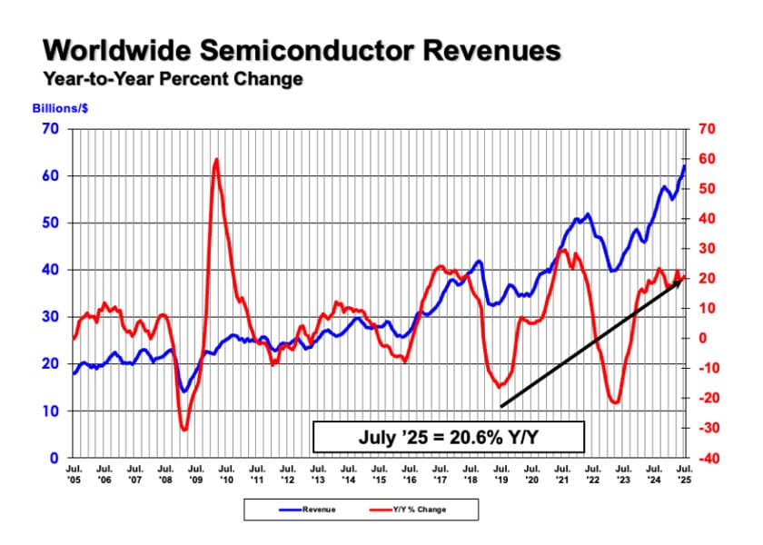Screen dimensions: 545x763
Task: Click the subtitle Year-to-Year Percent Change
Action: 173,80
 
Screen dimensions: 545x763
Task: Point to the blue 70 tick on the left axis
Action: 50,129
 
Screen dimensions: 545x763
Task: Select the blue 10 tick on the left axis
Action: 50,411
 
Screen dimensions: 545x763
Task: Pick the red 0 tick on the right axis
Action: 700,339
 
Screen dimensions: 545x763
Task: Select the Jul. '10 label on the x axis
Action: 227,474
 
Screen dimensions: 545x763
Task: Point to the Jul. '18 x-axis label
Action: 471,474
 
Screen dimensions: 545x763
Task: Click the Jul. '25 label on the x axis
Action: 685,474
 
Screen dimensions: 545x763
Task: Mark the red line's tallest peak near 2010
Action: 216,160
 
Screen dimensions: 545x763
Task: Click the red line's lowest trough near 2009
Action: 184,430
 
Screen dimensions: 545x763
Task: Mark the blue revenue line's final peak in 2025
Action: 685,166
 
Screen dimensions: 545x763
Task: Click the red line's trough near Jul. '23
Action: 616,402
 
